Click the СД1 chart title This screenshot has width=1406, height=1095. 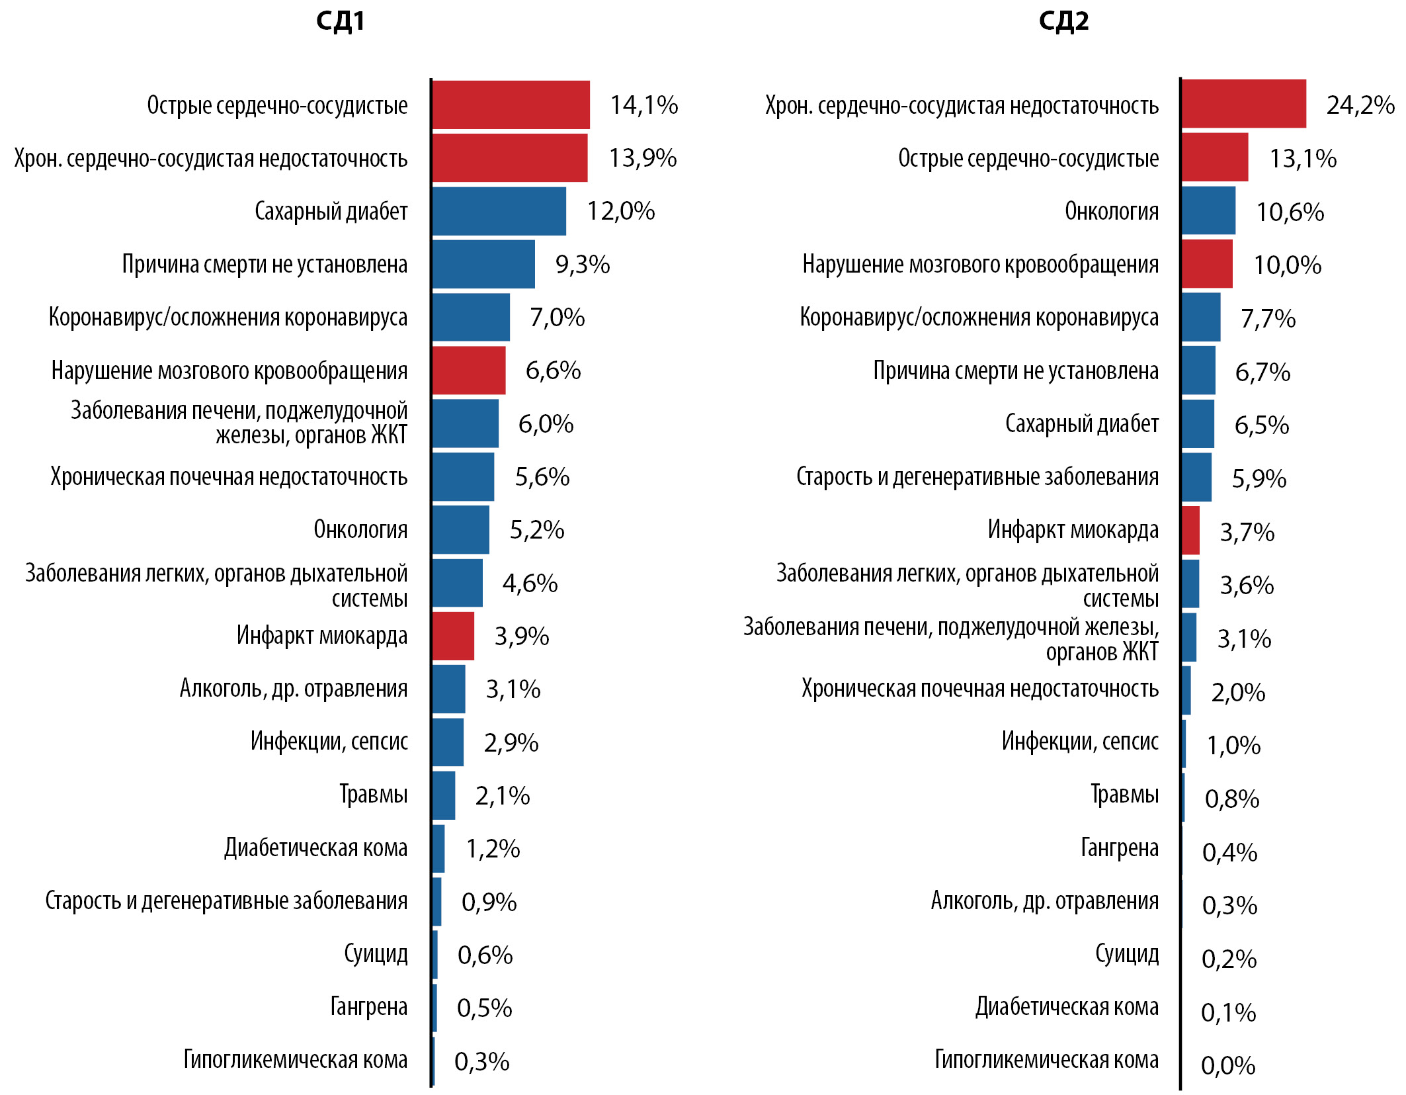tap(340, 21)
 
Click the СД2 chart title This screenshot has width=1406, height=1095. tap(1063, 21)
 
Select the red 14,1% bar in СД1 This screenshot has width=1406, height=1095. tap(511, 105)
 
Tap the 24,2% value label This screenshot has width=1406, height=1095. tap(1360, 105)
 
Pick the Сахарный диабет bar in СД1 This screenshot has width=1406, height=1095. tap(499, 211)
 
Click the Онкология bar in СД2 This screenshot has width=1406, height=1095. tap(1208, 210)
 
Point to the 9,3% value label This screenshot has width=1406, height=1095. tap(582, 265)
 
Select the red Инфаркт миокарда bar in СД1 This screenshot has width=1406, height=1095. tap(453, 636)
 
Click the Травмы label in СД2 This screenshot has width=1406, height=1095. tap(1124, 794)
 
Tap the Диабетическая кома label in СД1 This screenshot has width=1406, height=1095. tap(316, 848)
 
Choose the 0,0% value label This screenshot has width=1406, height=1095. tap(1227, 1065)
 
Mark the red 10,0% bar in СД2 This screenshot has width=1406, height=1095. tap(1207, 264)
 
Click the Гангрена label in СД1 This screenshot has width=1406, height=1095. tap(369, 1006)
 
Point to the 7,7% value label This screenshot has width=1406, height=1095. tap(1268, 318)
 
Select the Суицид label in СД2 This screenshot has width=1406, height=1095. tap(1127, 953)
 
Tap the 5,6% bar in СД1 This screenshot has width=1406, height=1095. tap(463, 476)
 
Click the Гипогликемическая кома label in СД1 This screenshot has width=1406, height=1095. tap(296, 1059)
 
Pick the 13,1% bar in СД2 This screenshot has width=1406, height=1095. tap(1215, 157)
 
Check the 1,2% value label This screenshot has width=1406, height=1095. tap(493, 849)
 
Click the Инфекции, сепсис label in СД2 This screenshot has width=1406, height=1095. tap(1080, 741)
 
